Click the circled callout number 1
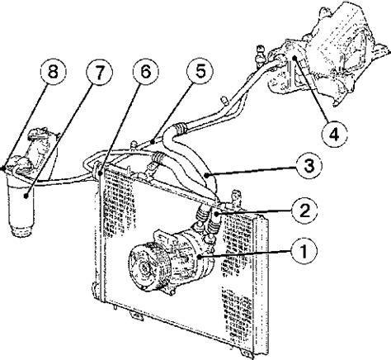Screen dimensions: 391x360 [304, 251]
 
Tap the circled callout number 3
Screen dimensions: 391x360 [309, 166]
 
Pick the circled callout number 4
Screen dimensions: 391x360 [334, 135]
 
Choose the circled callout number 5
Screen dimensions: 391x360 [200, 71]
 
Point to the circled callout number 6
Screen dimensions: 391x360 [146, 72]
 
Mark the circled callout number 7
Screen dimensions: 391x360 [99, 72]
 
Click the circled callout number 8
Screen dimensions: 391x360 [54, 72]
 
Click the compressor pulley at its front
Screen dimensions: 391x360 [142, 267]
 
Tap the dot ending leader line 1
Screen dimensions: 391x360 [199, 257]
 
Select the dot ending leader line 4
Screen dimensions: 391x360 [294, 58]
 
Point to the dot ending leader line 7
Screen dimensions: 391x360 [26, 196]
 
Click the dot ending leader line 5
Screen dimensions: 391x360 [153, 142]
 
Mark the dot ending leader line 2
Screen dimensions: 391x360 [216, 215]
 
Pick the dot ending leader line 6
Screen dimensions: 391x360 [101, 173]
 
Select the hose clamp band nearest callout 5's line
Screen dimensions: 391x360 [180, 129]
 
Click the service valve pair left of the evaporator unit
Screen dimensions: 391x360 [260, 56]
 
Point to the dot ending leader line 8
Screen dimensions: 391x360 [3, 168]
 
